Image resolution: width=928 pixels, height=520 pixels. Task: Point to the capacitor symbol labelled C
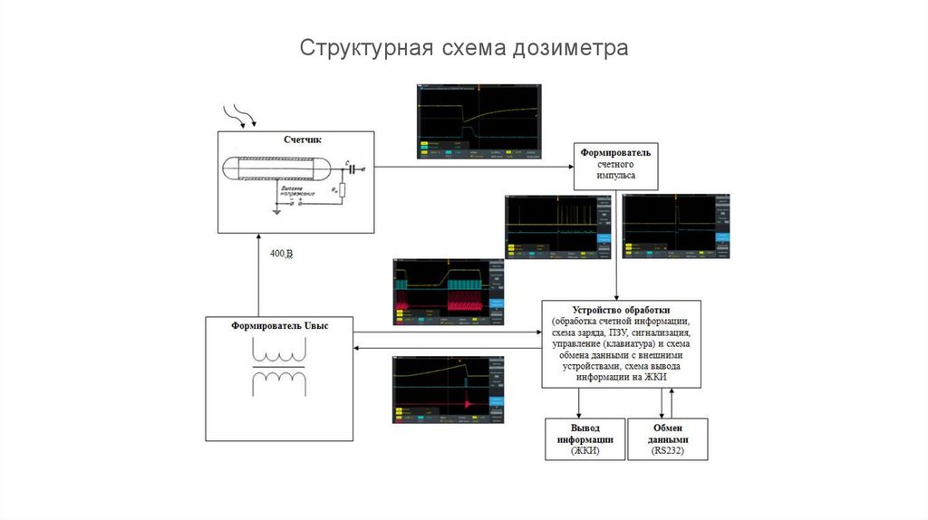[x=351, y=169]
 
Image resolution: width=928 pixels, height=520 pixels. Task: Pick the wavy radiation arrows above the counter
[x=240, y=114]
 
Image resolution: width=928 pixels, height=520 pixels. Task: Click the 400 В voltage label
[x=282, y=254]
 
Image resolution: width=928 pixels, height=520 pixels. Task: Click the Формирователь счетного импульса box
[x=616, y=165]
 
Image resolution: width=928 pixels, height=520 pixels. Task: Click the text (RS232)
[x=669, y=450]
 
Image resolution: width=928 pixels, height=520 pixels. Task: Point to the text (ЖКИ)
[x=585, y=450]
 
